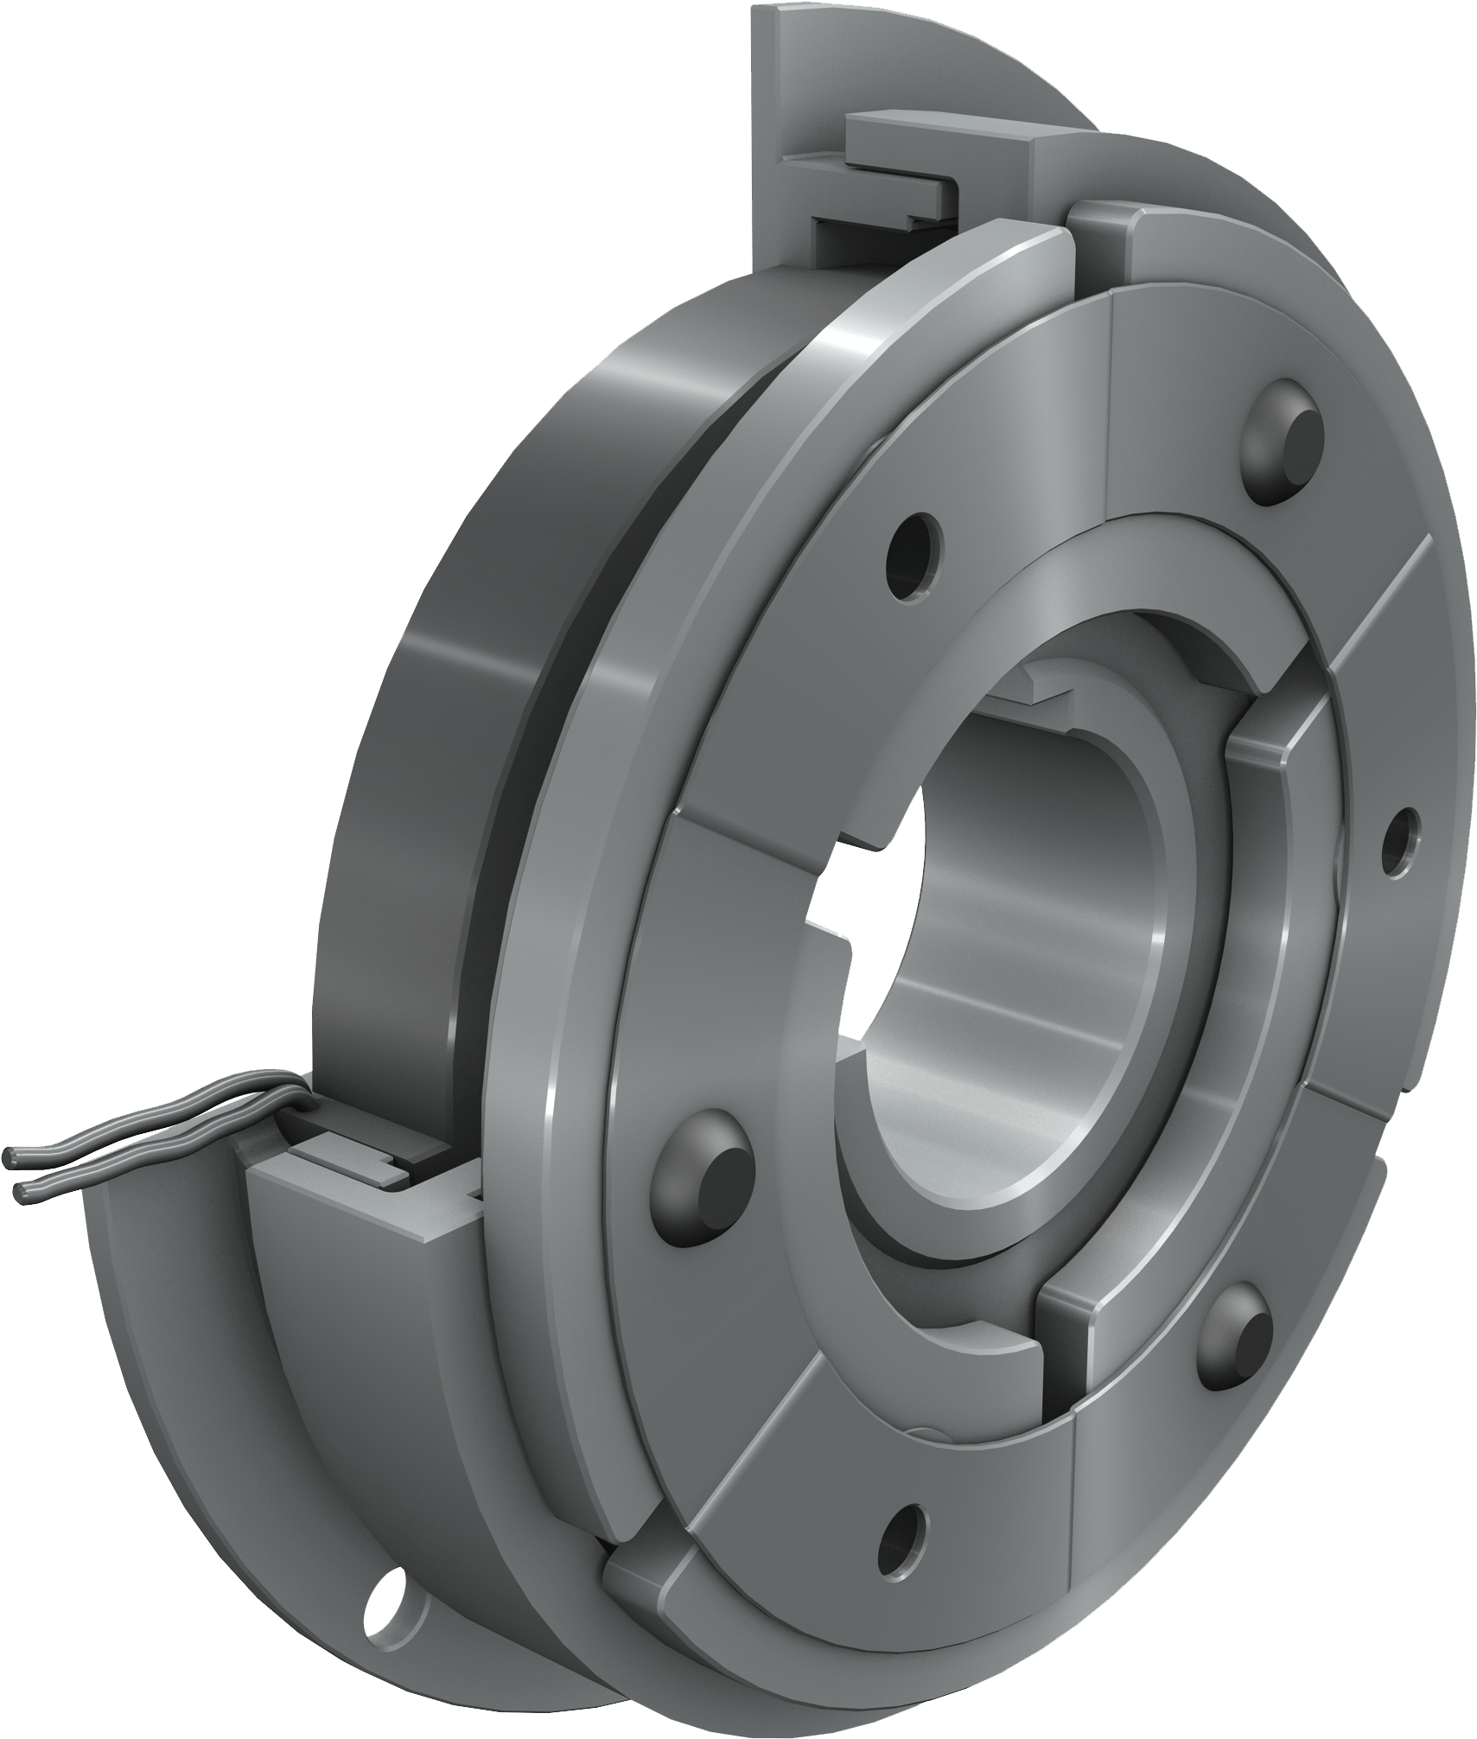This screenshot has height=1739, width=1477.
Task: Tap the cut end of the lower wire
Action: [x=22, y=1193]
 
